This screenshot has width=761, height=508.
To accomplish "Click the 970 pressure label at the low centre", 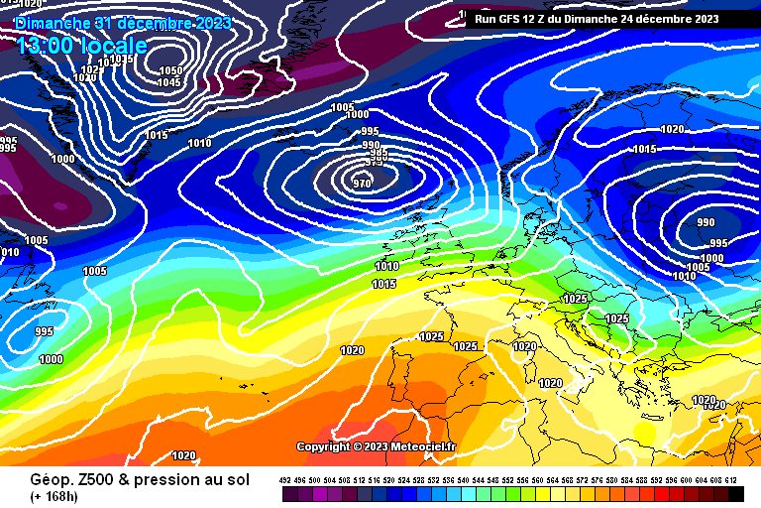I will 363,183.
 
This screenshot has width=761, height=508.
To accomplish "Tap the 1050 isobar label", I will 171,70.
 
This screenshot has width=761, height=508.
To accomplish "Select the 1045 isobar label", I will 168,82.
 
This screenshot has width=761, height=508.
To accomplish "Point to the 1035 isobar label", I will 121,60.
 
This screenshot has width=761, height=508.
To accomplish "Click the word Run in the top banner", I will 487,18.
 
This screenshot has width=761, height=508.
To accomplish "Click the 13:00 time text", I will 40,45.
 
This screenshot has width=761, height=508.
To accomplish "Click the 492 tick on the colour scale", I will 285,480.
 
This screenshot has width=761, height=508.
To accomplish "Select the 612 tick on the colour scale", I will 731,480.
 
